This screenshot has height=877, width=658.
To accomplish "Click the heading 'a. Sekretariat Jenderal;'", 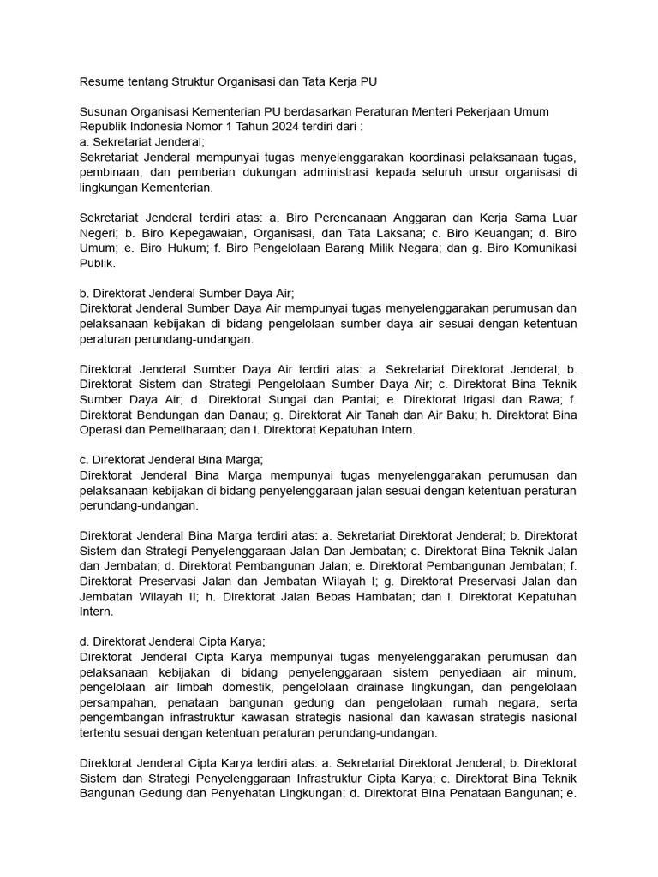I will click(x=141, y=142).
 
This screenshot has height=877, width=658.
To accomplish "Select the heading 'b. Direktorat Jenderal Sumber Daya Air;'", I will click(x=186, y=292).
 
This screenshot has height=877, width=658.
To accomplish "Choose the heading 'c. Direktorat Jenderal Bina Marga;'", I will click(x=170, y=459).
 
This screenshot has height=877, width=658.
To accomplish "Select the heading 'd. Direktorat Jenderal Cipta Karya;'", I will click(x=172, y=641).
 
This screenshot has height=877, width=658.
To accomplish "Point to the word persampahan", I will click(x=117, y=702).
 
